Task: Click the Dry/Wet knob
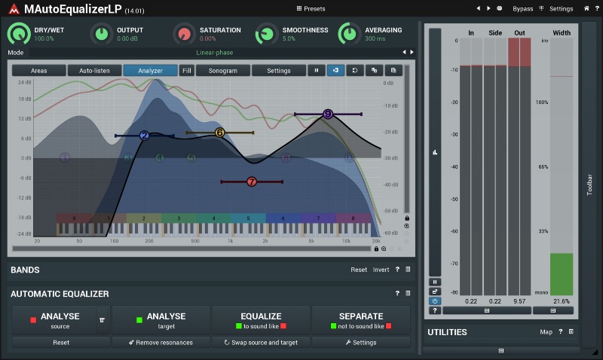point(18,34)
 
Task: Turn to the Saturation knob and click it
point(183,34)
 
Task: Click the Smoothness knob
point(266,34)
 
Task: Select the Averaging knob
point(348,34)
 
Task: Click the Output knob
point(101,34)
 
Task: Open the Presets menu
point(311,9)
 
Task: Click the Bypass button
point(522,9)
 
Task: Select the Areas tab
point(38,71)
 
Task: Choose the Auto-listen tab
point(94,71)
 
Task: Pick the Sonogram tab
point(223,71)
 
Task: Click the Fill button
point(186,71)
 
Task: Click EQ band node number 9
point(327,114)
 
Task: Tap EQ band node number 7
point(252,182)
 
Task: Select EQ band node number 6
point(219,133)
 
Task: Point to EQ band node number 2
point(144,136)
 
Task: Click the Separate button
point(361,320)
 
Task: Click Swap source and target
point(261,343)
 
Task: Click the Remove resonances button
point(161,343)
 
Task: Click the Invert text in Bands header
point(381,270)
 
